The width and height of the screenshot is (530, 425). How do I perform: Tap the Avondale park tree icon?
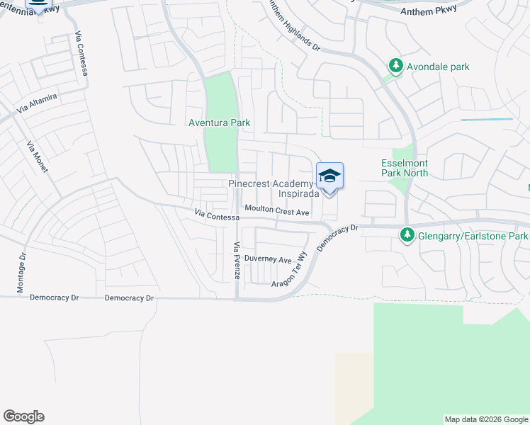coord(395,67)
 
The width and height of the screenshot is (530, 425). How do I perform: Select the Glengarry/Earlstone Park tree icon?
coord(407,235)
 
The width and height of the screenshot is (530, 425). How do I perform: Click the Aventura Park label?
coord(219,123)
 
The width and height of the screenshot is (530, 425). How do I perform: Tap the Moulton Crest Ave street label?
coord(278,211)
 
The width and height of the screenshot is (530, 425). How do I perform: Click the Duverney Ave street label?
coord(268,260)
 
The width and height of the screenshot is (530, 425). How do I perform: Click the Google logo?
coord(23,416)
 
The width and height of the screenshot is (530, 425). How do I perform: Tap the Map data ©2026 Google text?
coord(486,419)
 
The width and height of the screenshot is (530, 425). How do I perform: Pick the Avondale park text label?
coord(438,67)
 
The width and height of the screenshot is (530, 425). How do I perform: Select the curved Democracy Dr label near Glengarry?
coord(339,234)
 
